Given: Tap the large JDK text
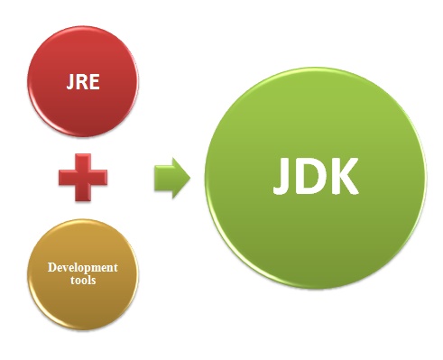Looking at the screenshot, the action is click(x=316, y=178).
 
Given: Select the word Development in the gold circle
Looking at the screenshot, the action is click(x=83, y=268).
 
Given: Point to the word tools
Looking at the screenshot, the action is click(x=83, y=282).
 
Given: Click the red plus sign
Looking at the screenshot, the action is click(x=83, y=179).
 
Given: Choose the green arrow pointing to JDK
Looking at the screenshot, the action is click(x=171, y=179).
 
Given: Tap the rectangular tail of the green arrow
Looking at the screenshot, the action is click(x=162, y=179).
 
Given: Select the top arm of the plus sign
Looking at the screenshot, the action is click(x=83, y=162).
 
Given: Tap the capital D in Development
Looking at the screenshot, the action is click(x=52, y=268).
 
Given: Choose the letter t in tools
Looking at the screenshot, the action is click(x=70, y=282).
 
